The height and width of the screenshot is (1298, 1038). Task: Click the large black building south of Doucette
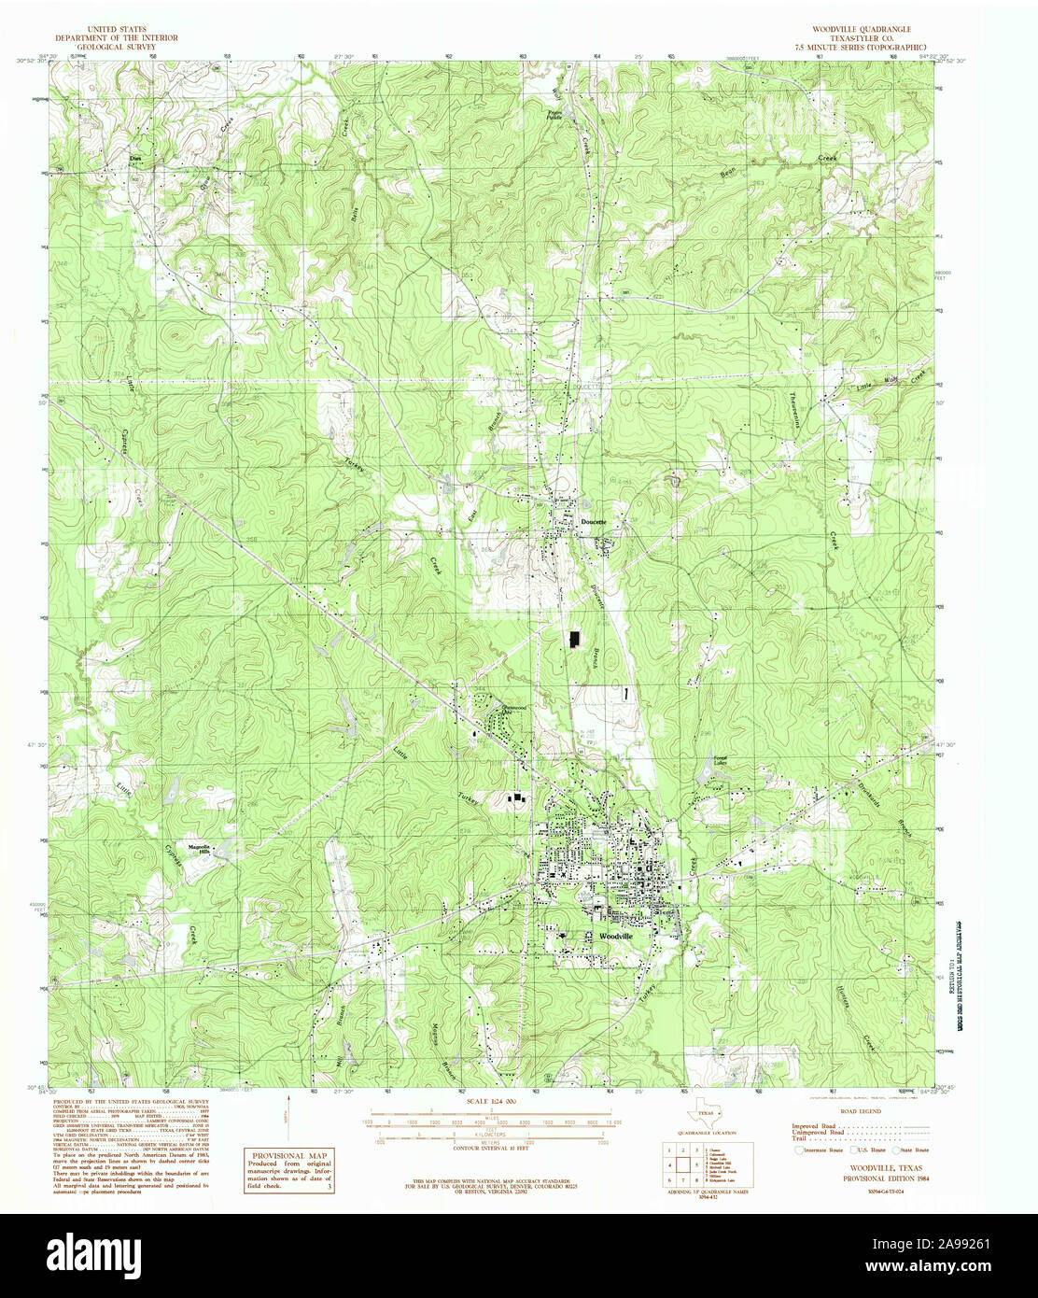(x=572, y=639)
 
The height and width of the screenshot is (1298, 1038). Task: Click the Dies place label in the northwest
(x=134, y=159)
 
